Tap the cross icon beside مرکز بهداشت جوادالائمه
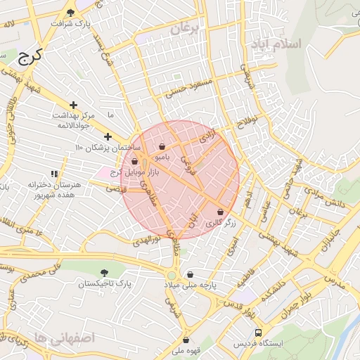73,105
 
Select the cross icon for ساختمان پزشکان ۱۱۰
108,136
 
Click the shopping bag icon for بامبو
162,147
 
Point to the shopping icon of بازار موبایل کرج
134,161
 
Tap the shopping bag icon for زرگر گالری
221,212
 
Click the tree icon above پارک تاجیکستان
105,272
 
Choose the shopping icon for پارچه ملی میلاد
190,275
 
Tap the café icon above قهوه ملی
186,340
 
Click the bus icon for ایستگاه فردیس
259,332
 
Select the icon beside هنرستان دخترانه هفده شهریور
54,173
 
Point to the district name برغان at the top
186,29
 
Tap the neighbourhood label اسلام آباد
275,44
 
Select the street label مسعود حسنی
188,88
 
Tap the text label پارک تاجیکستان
105,284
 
